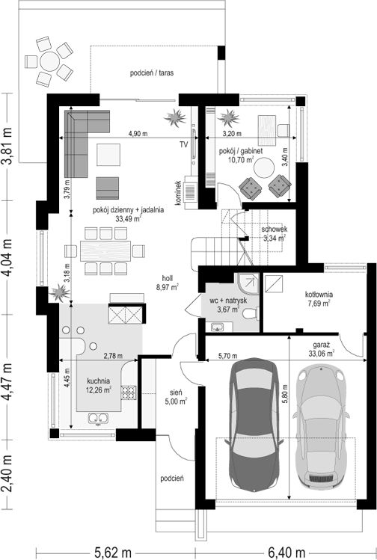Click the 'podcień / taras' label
[x=152, y=73]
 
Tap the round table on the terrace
[x=49, y=61]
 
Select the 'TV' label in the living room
[x=184, y=144]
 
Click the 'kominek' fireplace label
[x=177, y=193]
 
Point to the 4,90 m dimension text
[x=138, y=134]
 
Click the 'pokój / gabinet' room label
[x=241, y=151]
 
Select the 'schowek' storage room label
[x=274, y=230]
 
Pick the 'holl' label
[x=168, y=278]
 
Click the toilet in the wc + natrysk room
[x=250, y=314]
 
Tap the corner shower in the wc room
[x=248, y=283]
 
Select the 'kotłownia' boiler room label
[x=319, y=295]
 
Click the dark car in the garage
[x=254, y=423]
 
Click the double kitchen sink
[x=97, y=418]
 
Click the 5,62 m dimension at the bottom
[x=113, y=553]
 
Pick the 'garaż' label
[x=321, y=345]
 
